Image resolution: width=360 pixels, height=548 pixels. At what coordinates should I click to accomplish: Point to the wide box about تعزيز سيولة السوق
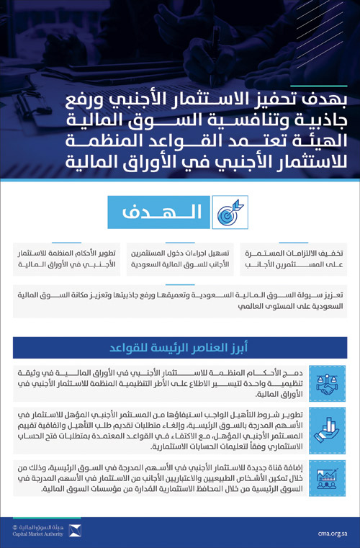click(x=180, y=300)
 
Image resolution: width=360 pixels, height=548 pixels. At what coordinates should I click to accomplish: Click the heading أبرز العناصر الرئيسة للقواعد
click(x=180, y=348)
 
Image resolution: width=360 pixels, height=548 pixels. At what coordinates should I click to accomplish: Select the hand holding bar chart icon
click(x=322, y=430)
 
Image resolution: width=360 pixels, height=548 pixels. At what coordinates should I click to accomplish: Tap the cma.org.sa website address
click(x=332, y=534)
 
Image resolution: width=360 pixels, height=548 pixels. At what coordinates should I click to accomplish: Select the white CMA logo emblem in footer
click(x=75, y=531)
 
